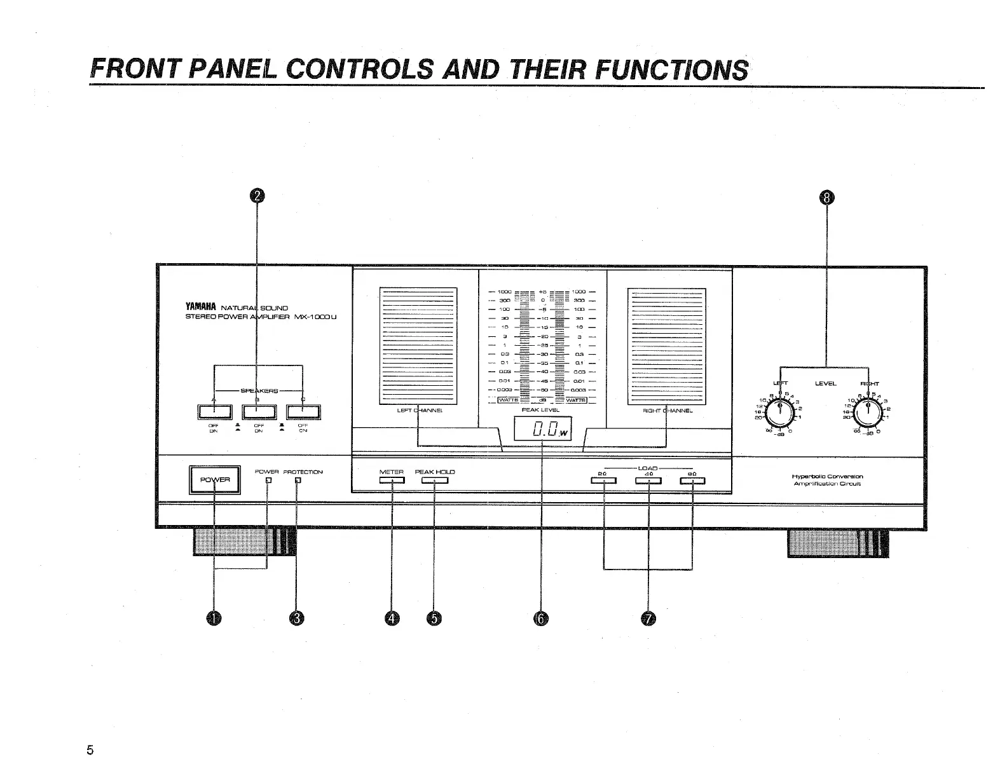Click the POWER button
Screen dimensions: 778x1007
click(215, 480)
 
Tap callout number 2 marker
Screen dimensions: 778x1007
click(256, 196)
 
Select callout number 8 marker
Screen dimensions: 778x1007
click(826, 198)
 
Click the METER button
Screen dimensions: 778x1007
click(392, 481)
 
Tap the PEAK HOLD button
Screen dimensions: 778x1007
click(434, 481)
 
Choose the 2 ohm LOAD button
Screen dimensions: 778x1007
click(603, 481)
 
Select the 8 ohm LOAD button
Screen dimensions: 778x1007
click(692, 481)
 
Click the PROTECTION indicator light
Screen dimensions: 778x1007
click(298, 481)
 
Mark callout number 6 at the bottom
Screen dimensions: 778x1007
click(541, 618)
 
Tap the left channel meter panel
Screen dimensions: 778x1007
click(418, 346)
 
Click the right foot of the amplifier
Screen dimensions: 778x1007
click(838, 542)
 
